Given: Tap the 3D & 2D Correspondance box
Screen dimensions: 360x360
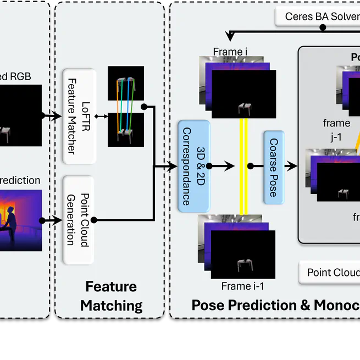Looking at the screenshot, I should pos(193,165).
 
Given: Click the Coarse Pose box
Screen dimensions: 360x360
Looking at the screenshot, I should pos(274,166).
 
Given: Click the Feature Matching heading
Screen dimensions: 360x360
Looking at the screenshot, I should pos(111,296).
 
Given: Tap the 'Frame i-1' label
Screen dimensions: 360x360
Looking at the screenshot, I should pos(243,286).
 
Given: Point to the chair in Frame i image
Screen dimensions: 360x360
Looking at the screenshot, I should pos(245,109).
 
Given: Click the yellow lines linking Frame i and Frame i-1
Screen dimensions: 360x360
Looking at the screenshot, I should pos(243,165).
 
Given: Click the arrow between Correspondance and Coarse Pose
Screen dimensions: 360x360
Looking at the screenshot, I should pos(223,165).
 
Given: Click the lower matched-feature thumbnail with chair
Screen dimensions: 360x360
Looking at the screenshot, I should pos(126,130).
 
